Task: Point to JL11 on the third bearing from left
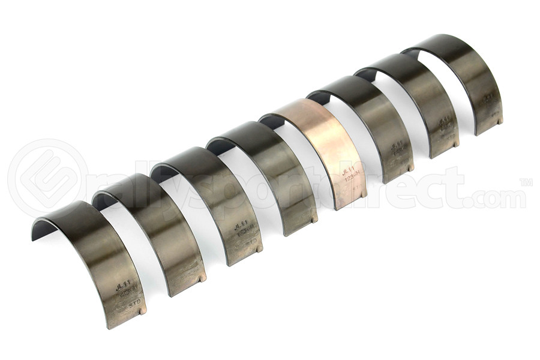[x=241, y=225]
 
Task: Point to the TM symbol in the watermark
[x=526, y=181]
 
